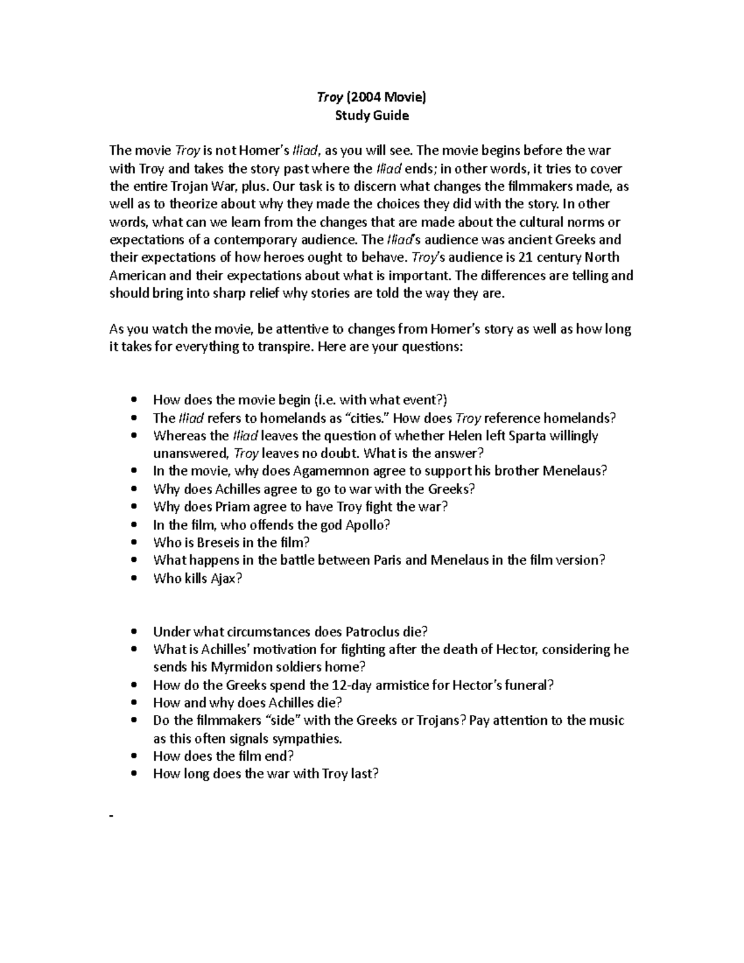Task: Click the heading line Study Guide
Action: point(371,115)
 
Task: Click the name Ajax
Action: point(227,579)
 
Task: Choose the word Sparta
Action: point(527,435)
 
